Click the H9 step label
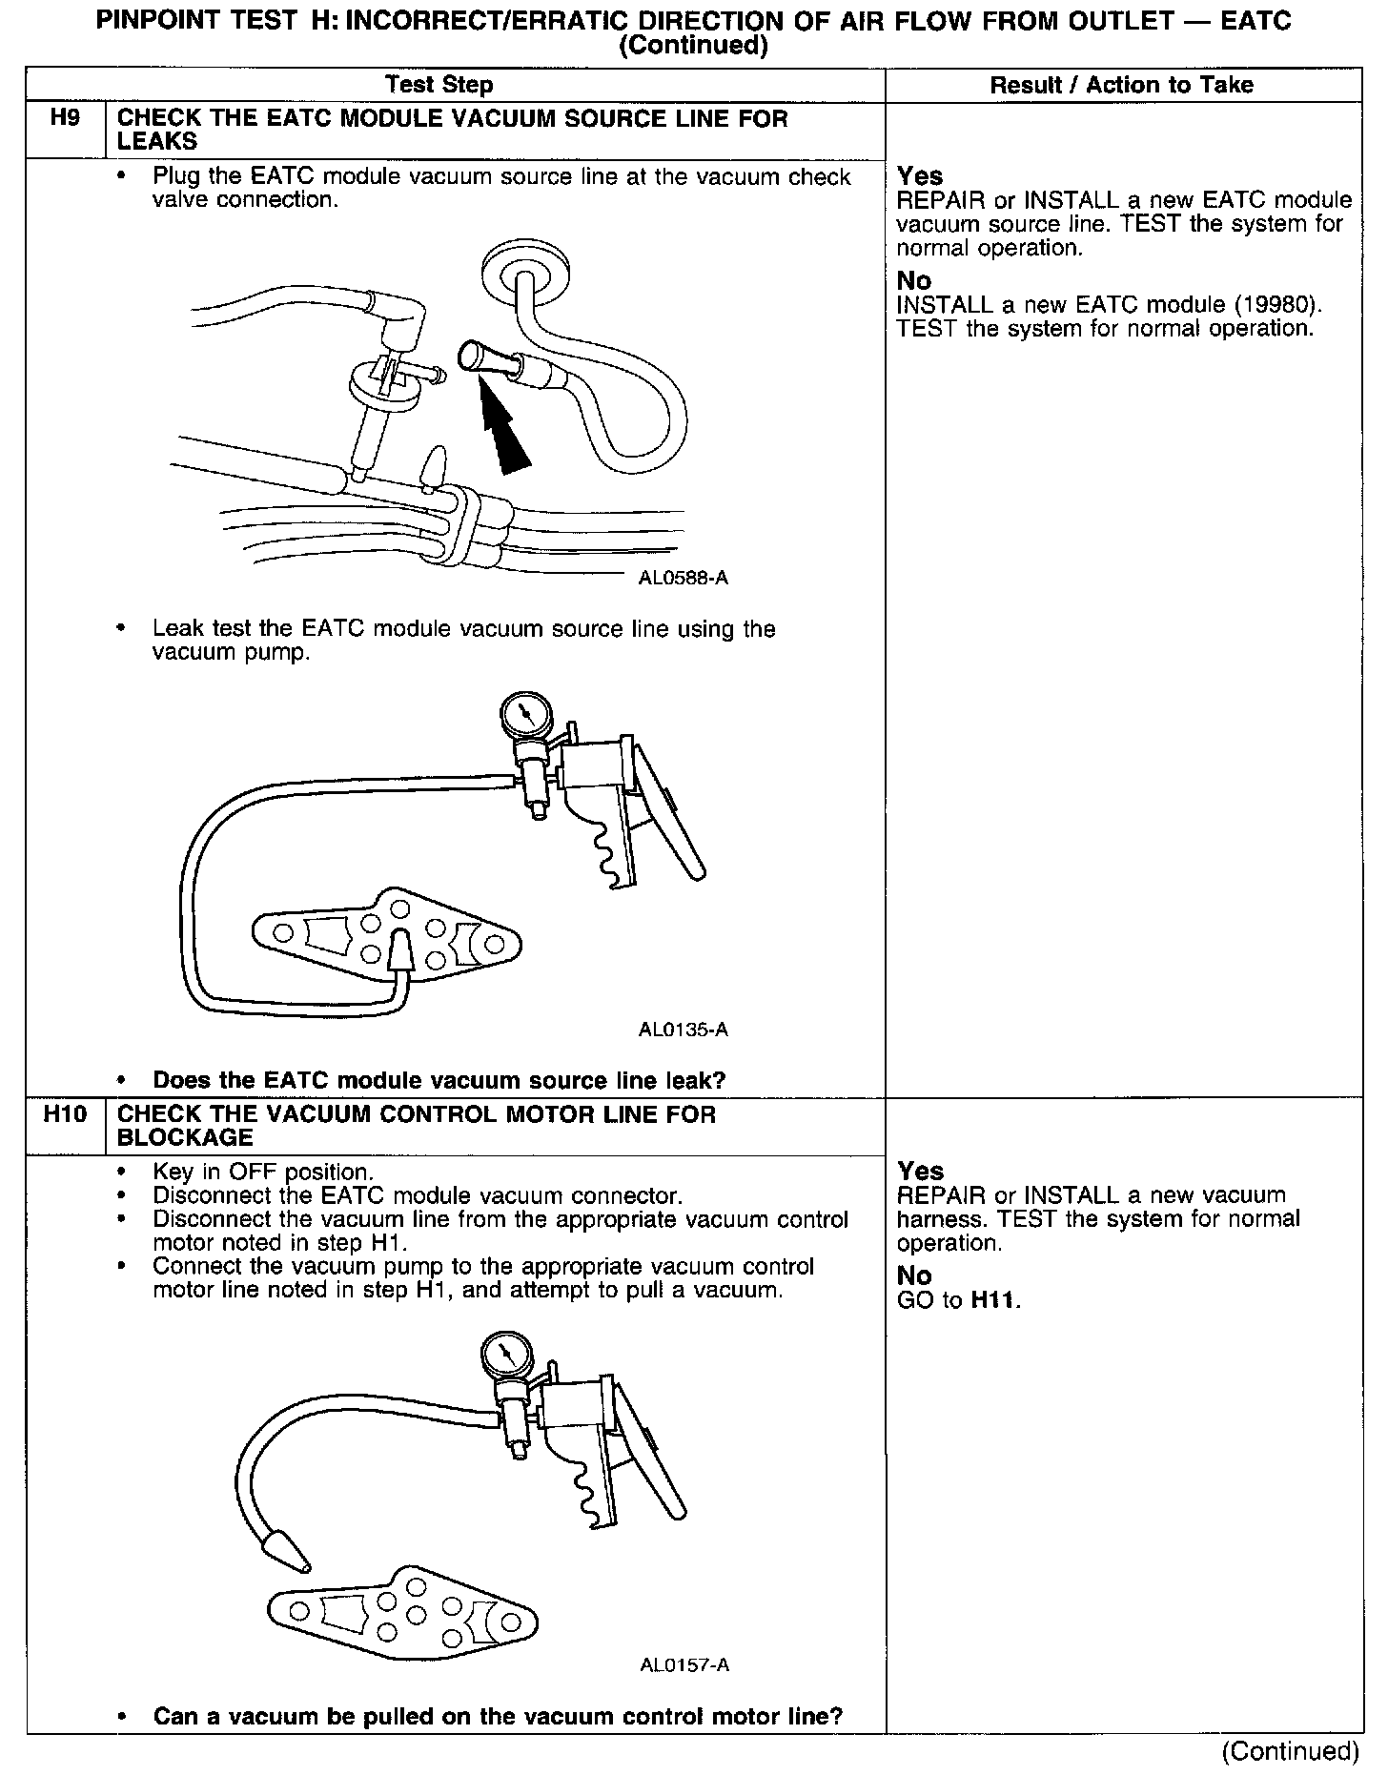64,119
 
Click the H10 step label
64,1114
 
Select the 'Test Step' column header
439,85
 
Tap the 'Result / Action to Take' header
1121,85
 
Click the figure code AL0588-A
684,578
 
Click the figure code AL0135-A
684,1030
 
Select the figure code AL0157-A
684,1665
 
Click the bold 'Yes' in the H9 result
920,176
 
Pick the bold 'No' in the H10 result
914,1275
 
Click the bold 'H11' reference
993,1300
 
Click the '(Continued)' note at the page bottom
1290,1750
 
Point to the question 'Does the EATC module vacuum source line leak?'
439,1080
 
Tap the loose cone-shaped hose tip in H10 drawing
287,1550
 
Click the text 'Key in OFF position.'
263,1172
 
